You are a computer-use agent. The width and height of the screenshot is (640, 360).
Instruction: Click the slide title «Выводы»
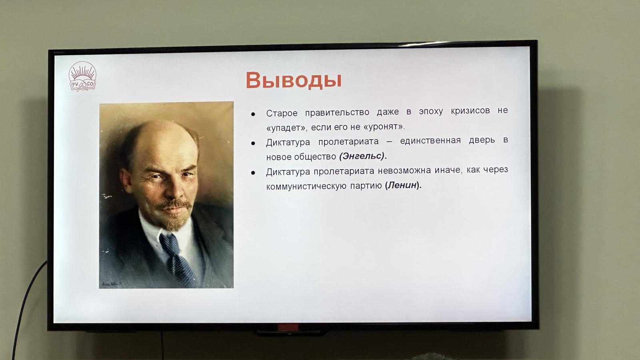click(294, 80)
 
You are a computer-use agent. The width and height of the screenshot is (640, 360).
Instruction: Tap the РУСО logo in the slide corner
click(82, 76)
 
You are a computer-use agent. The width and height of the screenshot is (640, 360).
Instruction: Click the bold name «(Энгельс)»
click(363, 156)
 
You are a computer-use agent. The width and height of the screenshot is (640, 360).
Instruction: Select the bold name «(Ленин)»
click(403, 185)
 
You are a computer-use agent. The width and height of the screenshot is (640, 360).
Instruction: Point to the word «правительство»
click(337, 112)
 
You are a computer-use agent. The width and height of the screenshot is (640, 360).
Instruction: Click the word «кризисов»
click(470, 110)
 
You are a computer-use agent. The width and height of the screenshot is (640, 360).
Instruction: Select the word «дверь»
click(482, 140)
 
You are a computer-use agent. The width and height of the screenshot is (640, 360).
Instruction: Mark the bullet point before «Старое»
click(253, 114)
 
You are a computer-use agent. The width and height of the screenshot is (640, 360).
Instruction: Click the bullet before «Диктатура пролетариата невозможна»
click(253, 172)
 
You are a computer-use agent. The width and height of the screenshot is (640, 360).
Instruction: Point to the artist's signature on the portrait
click(112, 284)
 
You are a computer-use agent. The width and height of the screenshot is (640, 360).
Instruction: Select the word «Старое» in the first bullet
click(282, 114)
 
